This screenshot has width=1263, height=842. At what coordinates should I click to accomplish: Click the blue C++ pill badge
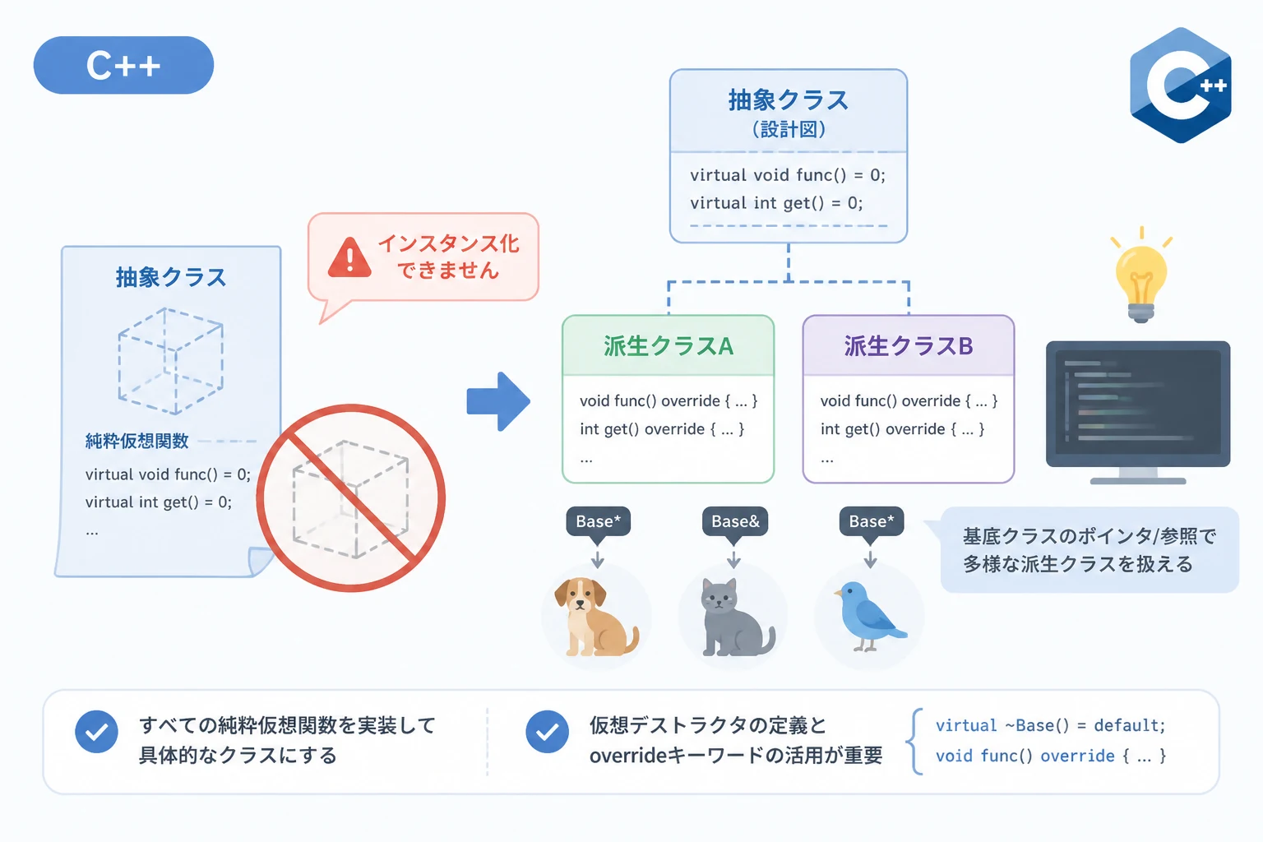tap(123, 66)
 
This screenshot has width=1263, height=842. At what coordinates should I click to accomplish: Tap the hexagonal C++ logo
tap(1181, 86)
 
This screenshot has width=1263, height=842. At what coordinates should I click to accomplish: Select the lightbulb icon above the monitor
tap(1141, 275)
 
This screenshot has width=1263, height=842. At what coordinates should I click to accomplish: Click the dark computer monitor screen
tap(1138, 404)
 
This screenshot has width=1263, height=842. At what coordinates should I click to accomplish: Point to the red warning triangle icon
tap(349, 257)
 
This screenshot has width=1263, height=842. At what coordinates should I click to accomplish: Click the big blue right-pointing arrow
tap(498, 401)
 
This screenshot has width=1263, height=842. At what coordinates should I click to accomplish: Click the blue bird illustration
tap(870, 616)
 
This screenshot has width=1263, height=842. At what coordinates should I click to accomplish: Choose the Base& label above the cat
tap(734, 521)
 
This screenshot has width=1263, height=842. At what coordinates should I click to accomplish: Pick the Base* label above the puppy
tap(599, 521)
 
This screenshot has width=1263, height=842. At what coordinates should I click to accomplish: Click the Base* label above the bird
tap(871, 521)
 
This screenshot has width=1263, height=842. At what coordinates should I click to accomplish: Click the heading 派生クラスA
tap(669, 346)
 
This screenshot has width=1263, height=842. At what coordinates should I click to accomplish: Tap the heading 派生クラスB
tap(909, 346)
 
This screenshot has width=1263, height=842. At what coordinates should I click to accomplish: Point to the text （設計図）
tap(789, 130)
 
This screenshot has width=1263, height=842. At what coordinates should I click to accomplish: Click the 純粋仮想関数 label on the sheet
tap(137, 441)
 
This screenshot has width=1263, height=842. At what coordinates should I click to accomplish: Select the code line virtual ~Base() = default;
tap(1050, 725)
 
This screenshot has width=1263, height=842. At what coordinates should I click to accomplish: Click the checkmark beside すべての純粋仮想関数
tap(96, 732)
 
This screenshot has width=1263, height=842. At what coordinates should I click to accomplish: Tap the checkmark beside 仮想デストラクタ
tap(547, 732)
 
